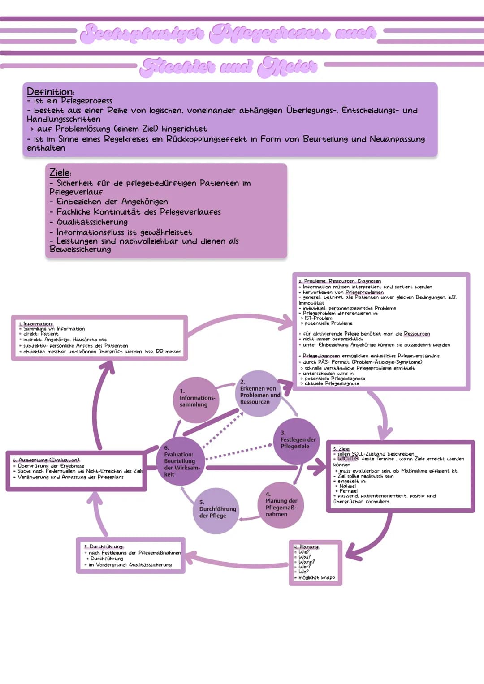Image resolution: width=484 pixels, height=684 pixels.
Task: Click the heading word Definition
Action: pyautogui.click(x=50, y=92)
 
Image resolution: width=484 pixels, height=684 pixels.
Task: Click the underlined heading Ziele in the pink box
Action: pyautogui.click(x=60, y=172)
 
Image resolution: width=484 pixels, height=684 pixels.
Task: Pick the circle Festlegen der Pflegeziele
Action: pyautogui.click(x=297, y=441)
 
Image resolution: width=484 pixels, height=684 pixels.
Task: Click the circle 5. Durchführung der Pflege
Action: pyautogui.click(x=216, y=511)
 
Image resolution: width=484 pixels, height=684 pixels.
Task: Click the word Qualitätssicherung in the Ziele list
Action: pyautogui.click(x=92, y=222)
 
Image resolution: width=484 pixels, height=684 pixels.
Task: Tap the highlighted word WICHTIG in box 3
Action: pyautogui.click(x=348, y=459)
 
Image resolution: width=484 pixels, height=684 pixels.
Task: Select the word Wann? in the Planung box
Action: pyautogui.click(x=307, y=562)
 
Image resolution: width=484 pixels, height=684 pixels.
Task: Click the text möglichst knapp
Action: pyautogui.click(x=316, y=578)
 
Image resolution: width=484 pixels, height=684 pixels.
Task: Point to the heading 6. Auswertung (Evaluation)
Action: pyautogui.click(x=47, y=460)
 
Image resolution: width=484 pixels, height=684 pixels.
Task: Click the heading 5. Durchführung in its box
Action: pyautogui.click(x=104, y=546)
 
